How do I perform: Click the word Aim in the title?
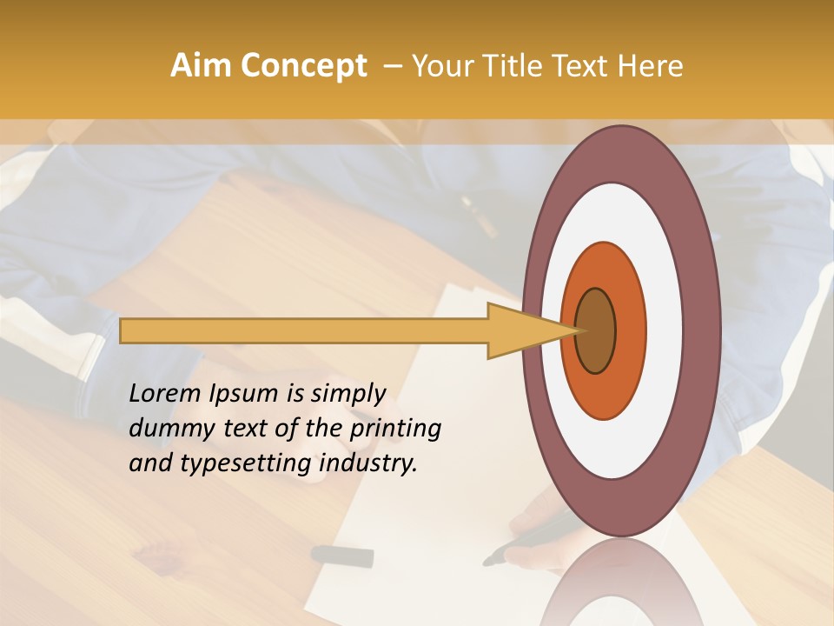coord(201,66)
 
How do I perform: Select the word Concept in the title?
coord(302,66)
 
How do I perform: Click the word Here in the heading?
coord(650,66)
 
